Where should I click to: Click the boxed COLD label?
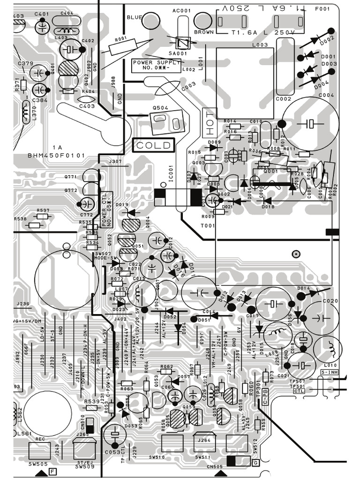tap(154, 145)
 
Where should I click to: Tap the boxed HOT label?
tap(209, 121)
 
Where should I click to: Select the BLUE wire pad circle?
tap(150, 20)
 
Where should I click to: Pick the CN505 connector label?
tap(215, 466)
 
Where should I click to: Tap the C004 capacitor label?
tap(326, 95)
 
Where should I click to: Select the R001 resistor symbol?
tap(123, 47)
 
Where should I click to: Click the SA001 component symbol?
tap(182, 44)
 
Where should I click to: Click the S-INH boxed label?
tap(329, 372)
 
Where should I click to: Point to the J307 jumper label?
tap(115, 162)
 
